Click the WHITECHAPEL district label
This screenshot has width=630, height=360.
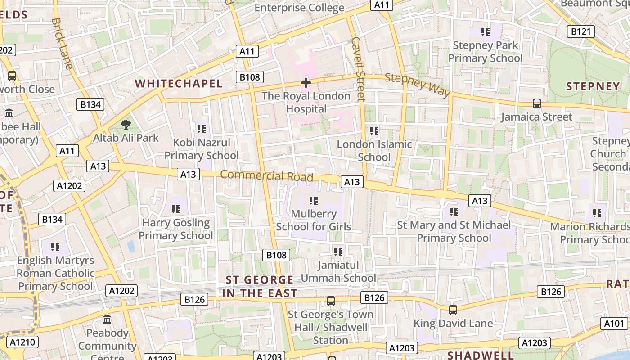point(179,84)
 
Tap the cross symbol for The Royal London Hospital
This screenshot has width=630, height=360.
point(306,83)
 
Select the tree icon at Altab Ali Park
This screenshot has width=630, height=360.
point(126,124)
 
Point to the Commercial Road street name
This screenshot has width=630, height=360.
point(266,176)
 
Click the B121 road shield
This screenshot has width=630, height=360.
point(580,31)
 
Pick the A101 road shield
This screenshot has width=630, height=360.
point(614,324)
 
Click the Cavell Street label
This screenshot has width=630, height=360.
point(359,69)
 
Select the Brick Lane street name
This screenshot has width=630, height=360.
point(62,43)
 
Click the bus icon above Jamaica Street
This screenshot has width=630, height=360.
point(536,103)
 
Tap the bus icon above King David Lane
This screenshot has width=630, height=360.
point(453,310)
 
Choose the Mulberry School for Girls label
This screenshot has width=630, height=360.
point(314,220)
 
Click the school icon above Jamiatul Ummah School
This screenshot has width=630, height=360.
point(338,252)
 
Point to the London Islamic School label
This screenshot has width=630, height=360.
point(374,151)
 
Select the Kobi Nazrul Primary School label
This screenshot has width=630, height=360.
point(201,149)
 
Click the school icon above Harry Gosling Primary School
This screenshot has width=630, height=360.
point(175,209)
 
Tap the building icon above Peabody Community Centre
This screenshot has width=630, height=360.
point(107,319)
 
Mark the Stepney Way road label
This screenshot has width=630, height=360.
point(417,85)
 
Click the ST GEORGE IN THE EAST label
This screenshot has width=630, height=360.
point(260,287)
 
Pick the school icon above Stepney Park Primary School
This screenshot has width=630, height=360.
point(485,32)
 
